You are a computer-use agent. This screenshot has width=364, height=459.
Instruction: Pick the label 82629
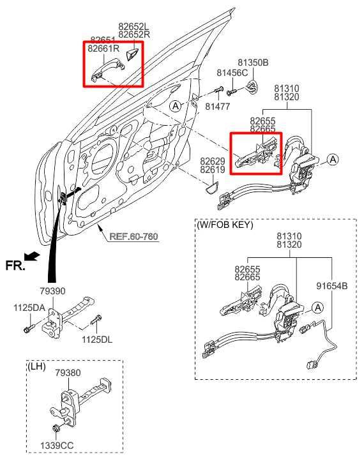tap(212, 162)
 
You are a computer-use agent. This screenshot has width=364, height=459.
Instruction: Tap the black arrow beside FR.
tap(34, 257)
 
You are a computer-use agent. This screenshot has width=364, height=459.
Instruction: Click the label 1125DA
tap(29, 308)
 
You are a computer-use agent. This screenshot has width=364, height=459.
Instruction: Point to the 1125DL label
tap(97, 339)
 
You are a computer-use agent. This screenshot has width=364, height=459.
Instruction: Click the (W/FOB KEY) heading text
tap(225, 225)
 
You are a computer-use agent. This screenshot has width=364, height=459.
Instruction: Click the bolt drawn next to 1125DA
tap(27, 329)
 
